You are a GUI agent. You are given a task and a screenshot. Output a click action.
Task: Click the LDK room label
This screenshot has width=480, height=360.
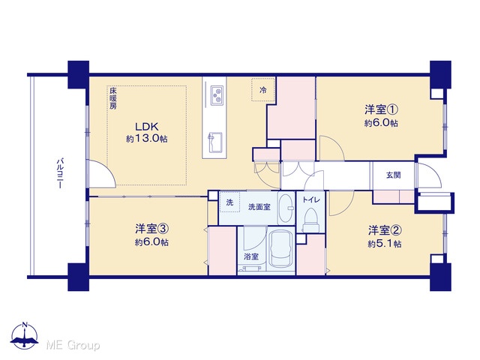click(x=147, y=127)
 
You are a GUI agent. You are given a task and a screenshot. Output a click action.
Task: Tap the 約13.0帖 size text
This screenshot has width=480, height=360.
click(x=147, y=139)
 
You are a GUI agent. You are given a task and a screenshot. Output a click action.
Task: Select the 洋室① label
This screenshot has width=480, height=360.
click(x=381, y=109)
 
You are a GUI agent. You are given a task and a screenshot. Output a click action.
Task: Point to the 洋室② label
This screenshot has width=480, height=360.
click(x=385, y=230)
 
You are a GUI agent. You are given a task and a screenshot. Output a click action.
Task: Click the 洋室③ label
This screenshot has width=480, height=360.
click(x=151, y=229)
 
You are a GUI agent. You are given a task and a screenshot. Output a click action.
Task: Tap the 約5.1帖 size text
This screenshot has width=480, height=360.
click(x=385, y=244)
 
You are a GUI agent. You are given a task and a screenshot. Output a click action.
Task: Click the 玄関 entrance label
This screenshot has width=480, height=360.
click(x=393, y=175)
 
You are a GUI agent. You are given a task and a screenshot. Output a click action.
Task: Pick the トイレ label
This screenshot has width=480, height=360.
click(x=311, y=200)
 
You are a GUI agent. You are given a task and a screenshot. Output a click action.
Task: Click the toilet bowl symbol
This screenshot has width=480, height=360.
click(x=311, y=220)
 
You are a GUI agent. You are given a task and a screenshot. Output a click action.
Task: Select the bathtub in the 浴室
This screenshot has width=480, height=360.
click(x=281, y=249)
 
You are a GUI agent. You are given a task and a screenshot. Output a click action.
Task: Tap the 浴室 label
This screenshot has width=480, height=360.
click(x=251, y=256)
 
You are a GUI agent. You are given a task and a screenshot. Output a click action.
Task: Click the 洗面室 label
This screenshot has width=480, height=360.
click(x=259, y=207)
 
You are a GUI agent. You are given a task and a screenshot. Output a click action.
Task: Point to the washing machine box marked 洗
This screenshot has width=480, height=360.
click(x=229, y=202)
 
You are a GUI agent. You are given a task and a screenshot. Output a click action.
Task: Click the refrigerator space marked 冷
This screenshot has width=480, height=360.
click(x=263, y=90)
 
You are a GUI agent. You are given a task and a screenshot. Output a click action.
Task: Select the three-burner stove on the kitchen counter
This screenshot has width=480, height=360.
click(x=217, y=95)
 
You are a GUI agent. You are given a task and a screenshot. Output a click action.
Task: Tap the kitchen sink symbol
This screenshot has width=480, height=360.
click(x=215, y=142)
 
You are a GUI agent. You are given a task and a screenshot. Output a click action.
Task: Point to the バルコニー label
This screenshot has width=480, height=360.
click(x=61, y=173)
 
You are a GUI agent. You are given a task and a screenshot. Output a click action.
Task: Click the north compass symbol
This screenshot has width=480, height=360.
click(x=25, y=336)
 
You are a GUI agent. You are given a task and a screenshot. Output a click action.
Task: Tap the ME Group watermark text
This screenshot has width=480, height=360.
click(x=73, y=345)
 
